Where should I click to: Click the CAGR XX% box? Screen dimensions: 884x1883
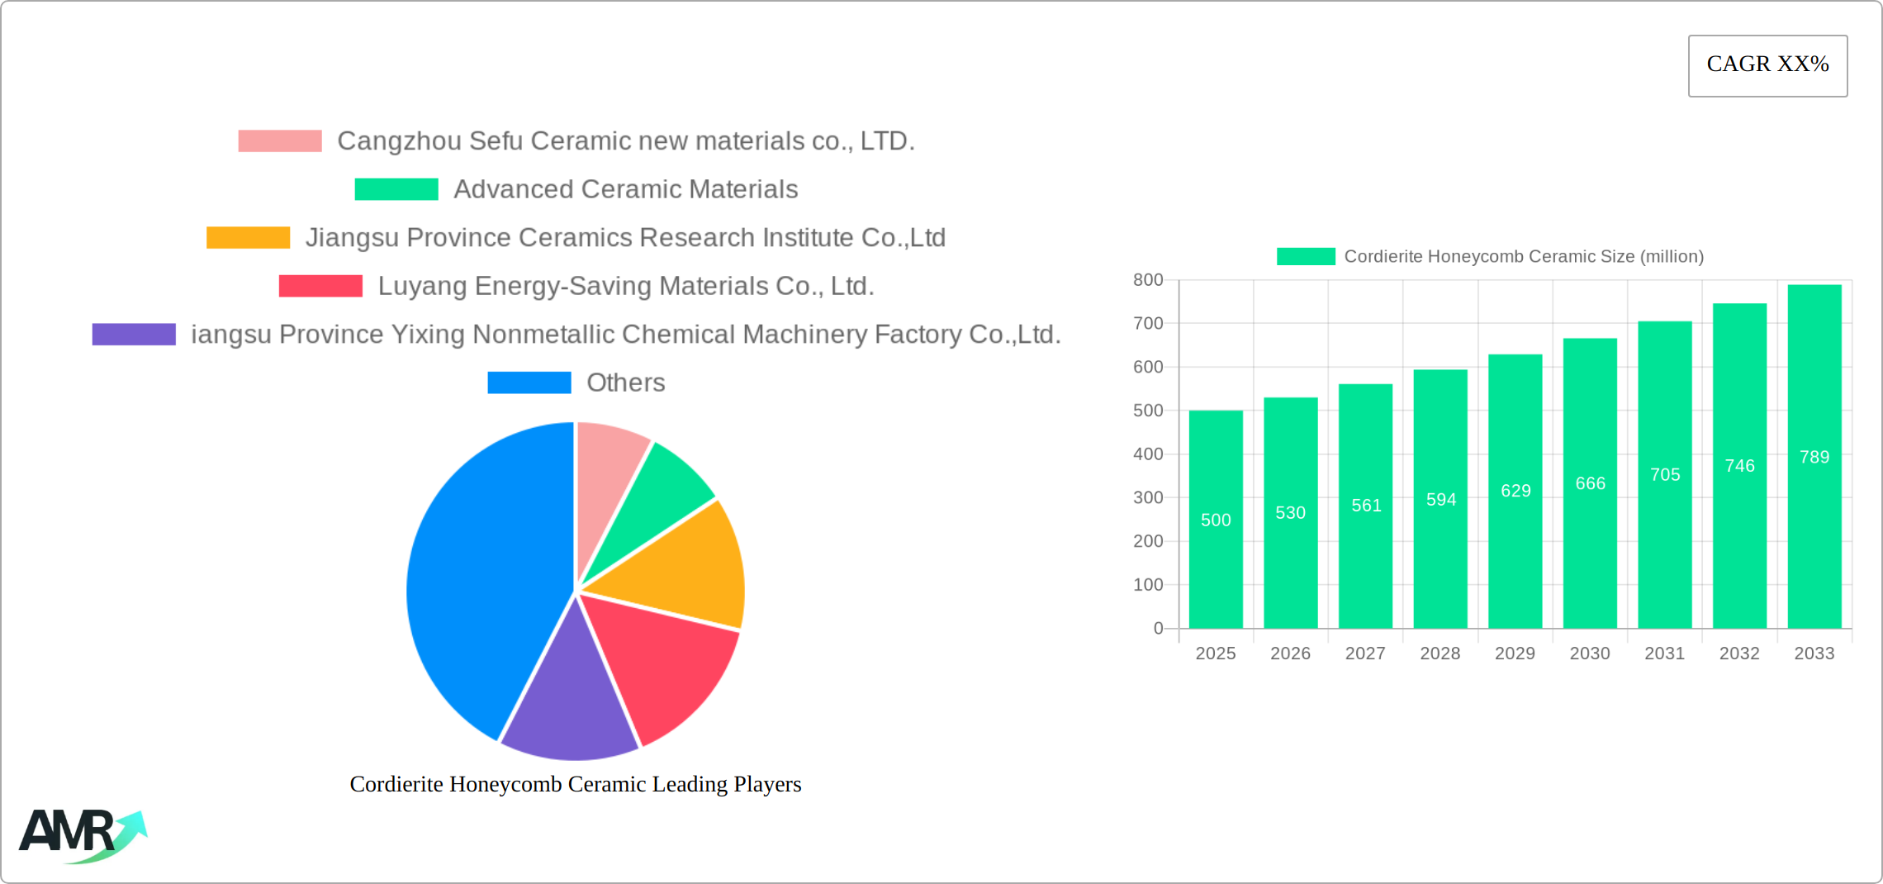tap(1767, 65)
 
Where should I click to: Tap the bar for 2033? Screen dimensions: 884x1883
tap(1814, 463)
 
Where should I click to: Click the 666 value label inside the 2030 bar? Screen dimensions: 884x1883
tap(1591, 483)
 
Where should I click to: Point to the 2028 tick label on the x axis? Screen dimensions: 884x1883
tap(1440, 653)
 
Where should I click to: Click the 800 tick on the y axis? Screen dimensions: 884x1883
tap(1148, 280)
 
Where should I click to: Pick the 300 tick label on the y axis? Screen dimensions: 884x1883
tap(1148, 497)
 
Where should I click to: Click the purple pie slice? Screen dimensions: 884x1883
tap(570, 702)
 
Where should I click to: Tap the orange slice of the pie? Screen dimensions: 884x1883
tap(685, 570)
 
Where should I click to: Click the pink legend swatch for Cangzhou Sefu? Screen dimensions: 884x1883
tap(280, 141)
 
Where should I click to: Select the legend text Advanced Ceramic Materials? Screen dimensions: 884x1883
tap(625, 189)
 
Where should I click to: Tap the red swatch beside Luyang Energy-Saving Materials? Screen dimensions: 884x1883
tap(320, 286)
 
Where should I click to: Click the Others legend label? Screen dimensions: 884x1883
tap(625, 383)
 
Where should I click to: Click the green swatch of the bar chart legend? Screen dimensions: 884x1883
tap(1306, 257)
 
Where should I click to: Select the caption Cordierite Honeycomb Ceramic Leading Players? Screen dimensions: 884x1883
tap(576, 784)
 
